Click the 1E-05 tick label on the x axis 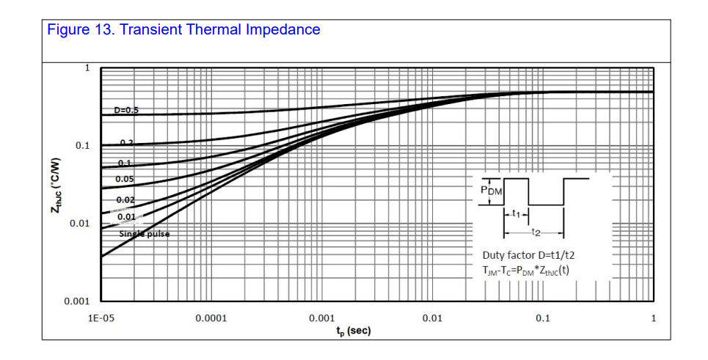(x=101, y=318)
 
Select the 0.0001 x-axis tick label (x=211, y=318)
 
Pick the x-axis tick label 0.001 (x=321, y=318)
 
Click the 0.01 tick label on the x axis (x=432, y=318)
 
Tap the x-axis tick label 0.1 (x=542, y=318)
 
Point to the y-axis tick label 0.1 (x=82, y=146)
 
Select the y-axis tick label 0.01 (x=80, y=224)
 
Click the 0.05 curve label (x=124, y=179)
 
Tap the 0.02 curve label (x=125, y=199)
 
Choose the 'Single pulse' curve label (x=144, y=235)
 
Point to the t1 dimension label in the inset (x=516, y=215)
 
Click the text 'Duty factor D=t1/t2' (x=530, y=255)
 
